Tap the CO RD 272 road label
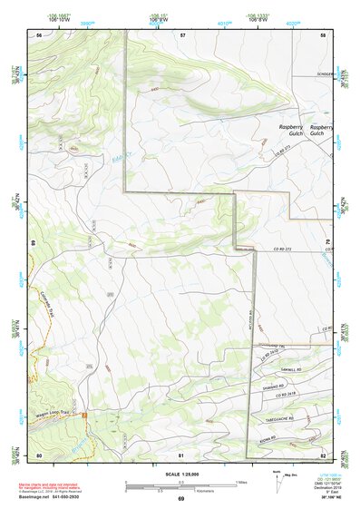[286, 248]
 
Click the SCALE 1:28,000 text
[181, 475]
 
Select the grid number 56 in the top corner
[39, 34]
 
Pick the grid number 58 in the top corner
[323, 34]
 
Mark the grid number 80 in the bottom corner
[39, 455]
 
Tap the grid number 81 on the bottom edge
[182, 455]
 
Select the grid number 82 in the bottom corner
[323, 455]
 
